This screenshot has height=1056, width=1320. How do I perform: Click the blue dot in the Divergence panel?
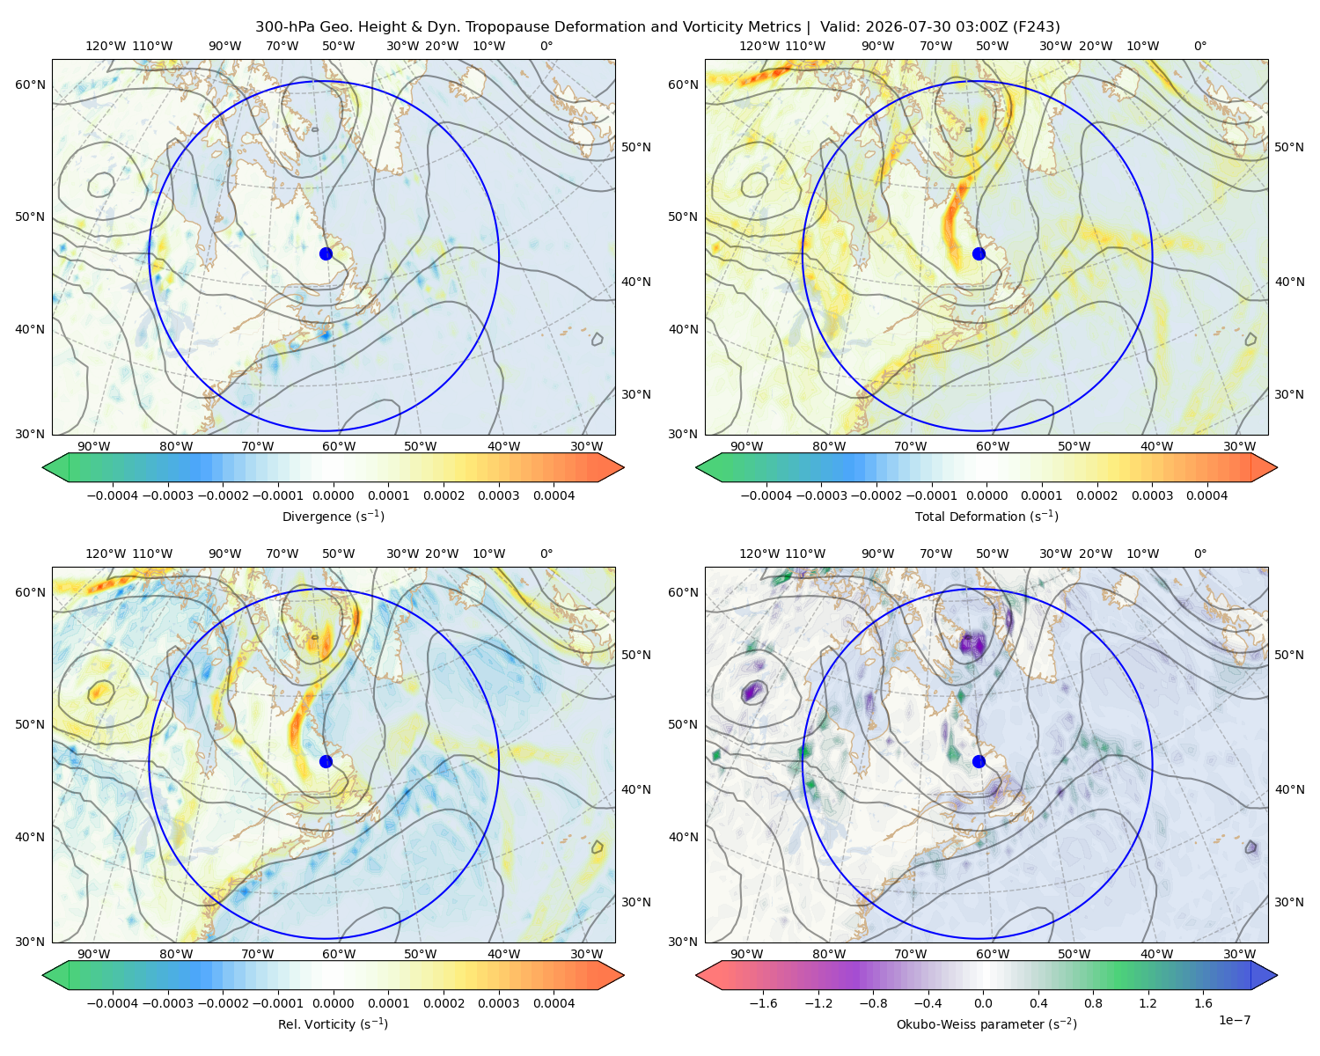tap(326, 253)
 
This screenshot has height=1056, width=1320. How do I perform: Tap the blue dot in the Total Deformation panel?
tap(979, 253)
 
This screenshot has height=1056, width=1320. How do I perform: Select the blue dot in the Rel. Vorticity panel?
tap(326, 761)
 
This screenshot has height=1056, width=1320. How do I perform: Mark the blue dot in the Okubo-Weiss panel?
tap(979, 761)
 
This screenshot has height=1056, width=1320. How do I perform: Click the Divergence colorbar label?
tap(333, 517)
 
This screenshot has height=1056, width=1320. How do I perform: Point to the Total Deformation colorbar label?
tap(986, 517)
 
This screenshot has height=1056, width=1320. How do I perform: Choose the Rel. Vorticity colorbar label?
tap(333, 1024)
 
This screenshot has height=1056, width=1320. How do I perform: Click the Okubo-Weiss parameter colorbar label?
tap(986, 1024)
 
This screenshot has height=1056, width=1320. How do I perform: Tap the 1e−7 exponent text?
tap(1234, 1020)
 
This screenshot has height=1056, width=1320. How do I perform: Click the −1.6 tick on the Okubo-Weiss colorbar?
tap(762, 1003)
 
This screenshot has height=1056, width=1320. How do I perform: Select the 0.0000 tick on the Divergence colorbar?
tap(333, 495)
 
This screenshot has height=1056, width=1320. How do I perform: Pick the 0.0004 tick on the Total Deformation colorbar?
tap(1206, 495)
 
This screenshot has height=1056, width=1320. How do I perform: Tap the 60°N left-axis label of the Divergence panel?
tap(30, 84)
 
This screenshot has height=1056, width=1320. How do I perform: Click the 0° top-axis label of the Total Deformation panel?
tap(1199, 46)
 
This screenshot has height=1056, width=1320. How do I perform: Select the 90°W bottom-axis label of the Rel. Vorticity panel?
tap(94, 954)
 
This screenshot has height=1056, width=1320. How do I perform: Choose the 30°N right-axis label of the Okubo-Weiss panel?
tap(1289, 902)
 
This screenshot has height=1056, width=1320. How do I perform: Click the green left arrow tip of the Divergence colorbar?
tap(43, 467)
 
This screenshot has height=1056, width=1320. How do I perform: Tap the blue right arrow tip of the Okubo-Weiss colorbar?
tap(1277, 975)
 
